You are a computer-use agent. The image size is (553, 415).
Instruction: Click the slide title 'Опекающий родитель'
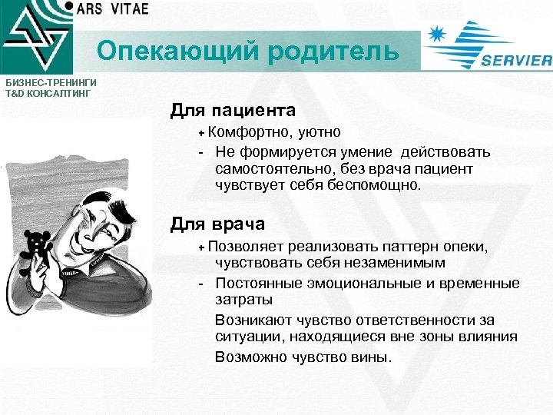(248, 52)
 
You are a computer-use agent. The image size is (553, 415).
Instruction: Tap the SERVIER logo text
(516, 61)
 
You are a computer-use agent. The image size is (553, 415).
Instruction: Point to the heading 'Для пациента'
(233, 111)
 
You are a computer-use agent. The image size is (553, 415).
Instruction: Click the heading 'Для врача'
(217, 224)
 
